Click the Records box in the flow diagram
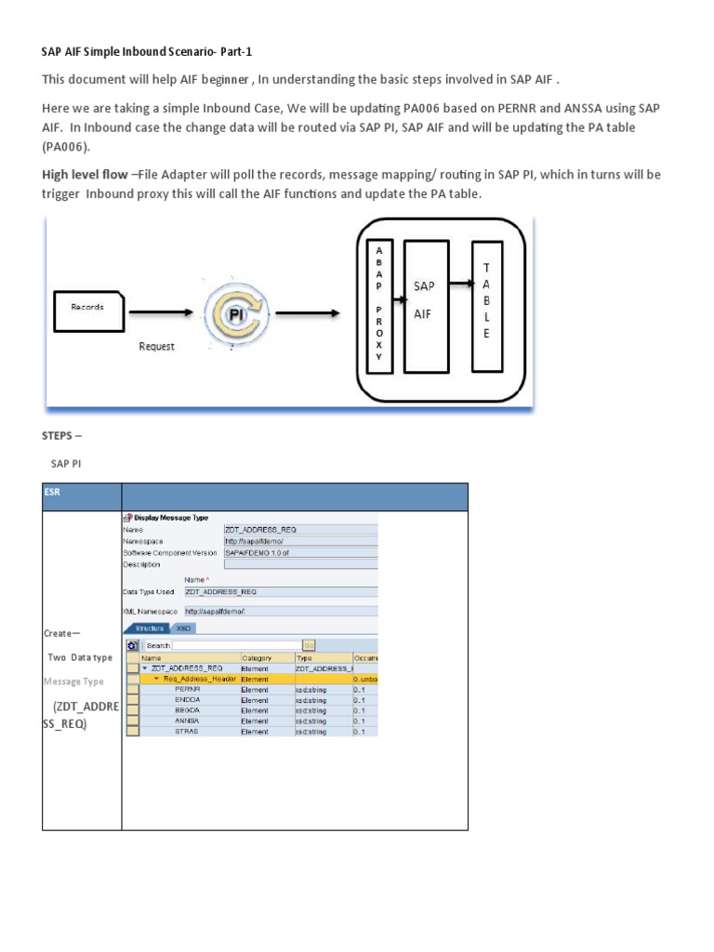pos(89,307)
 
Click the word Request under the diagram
pos(156,346)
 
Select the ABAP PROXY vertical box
pos(378,296)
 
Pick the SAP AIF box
pos(426,299)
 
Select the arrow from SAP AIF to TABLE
pos(460,282)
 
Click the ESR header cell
pos(52,493)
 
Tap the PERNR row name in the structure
pos(187,690)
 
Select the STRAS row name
pos(187,732)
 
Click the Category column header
pos(257,657)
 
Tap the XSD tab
pos(184,628)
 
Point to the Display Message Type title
pos(172,518)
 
